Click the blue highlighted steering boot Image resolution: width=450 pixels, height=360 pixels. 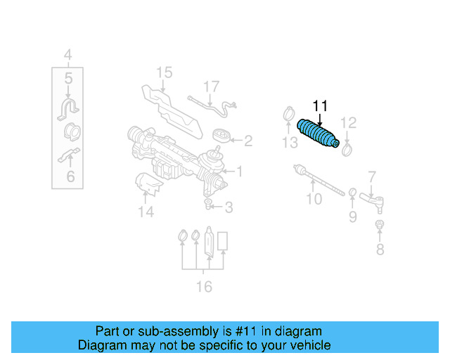tap(319, 134)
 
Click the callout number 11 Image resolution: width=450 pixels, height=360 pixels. tap(320, 106)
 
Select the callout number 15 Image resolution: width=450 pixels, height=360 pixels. tap(163, 72)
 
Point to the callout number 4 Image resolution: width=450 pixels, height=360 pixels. tap(67, 55)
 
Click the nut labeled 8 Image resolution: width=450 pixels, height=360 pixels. tap(379, 226)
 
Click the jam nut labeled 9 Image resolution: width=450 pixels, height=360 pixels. tap(352, 193)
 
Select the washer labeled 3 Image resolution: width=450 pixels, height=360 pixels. tap(210, 205)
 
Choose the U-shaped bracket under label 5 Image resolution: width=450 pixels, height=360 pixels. tap(68, 110)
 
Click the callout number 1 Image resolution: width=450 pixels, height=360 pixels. tap(239, 171)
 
